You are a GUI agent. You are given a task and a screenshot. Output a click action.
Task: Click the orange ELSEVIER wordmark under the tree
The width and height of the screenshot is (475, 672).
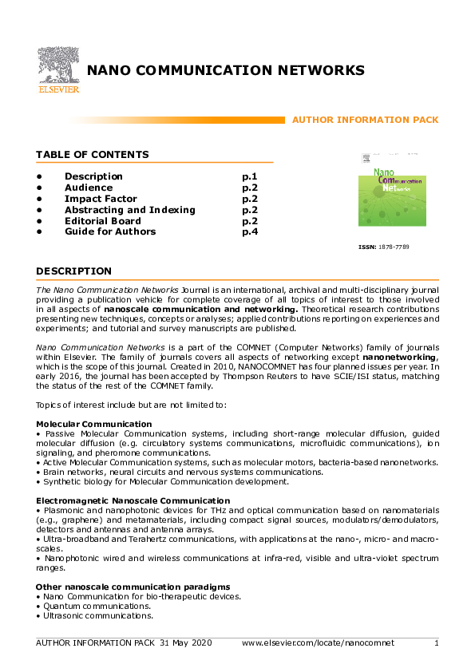pyautogui.click(x=57, y=89)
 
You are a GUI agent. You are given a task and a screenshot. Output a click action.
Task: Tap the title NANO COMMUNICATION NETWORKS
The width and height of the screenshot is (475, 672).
pyautogui.click(x=226, y=70)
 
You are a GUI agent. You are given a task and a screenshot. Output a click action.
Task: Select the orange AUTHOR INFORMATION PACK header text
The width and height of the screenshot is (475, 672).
pyautogui.click(x=366, y=120)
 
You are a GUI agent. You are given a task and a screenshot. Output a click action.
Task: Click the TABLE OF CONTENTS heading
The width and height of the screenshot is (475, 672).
pyautogui.click(x=92, y=155)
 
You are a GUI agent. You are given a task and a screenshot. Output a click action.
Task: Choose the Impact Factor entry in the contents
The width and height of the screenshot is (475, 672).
pyautogui.click(x=101, y=199)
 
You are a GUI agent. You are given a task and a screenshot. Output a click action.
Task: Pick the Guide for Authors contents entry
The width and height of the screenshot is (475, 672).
pyautogui.click(x=110, y=231)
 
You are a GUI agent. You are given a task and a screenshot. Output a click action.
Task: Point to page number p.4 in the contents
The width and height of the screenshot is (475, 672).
pyautogui.click(x=249, y=231)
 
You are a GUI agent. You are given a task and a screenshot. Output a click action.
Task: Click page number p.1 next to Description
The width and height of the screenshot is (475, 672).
pyautogui.click(x=249, y=176)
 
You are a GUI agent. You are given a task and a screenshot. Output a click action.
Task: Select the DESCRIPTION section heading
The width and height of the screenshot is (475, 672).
pyautogui.click(x=73, y=271)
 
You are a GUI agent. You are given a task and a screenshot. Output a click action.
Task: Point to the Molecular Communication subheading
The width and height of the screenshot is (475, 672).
pyautogui.click(x=94, y=423)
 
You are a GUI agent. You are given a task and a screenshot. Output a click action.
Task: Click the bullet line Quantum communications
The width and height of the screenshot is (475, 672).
pyautogui.click(x=89, y=607)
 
